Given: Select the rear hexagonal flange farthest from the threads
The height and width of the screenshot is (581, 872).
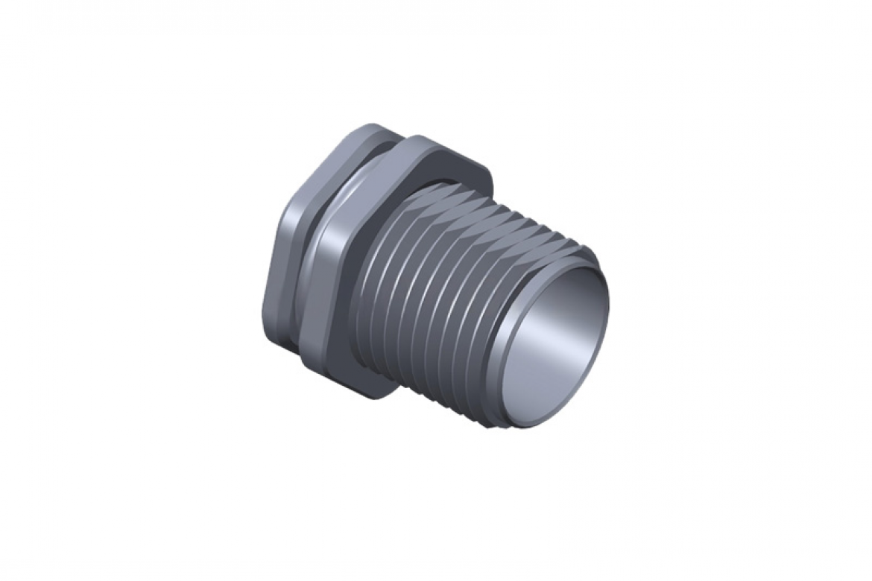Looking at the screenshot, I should [x=283, y=268].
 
